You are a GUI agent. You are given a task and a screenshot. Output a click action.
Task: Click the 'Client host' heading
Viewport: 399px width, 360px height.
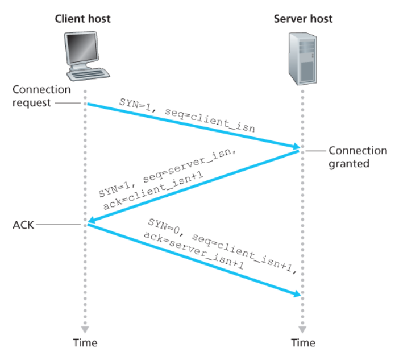click(x=82, y=18)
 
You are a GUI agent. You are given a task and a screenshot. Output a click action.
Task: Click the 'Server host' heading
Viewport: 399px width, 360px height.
click(x=303, y=18)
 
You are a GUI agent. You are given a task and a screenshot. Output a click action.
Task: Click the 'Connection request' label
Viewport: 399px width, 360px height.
click(x=41, y=96)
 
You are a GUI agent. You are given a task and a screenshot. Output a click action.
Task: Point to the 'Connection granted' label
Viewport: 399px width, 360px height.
click(x=358, y=157)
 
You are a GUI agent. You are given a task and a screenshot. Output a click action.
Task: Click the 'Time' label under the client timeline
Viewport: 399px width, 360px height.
click(x=85, y=342)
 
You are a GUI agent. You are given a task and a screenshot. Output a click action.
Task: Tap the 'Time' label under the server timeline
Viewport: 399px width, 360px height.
click(x=302, y=342)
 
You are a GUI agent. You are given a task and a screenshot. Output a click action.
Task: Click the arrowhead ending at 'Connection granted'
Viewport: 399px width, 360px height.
click(x=296, y=148)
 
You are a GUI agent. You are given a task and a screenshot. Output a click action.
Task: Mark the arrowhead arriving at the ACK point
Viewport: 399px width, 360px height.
click(x=90, y=221)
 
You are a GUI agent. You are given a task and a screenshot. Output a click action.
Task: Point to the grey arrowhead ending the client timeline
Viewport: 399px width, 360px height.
click(x=85, y=329)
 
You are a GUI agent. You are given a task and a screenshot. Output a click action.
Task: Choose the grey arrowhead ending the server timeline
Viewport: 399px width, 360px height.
click(x=302, y=329)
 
